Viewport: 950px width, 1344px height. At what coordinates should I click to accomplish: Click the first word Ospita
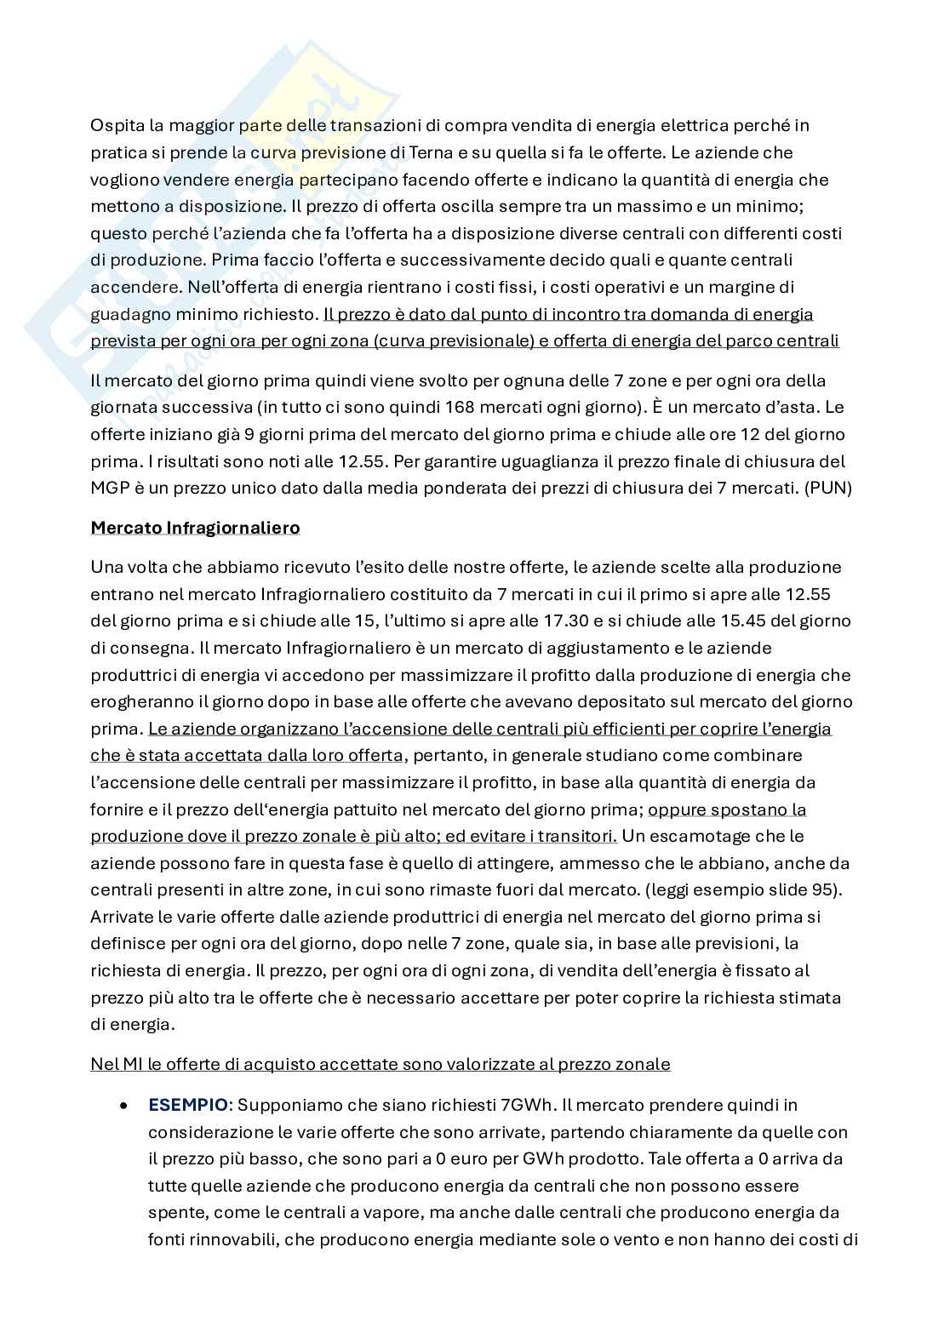coord(116,126)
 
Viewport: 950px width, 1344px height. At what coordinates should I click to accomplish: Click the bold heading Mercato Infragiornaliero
coord(195,528)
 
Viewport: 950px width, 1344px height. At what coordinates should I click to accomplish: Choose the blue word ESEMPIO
coord(188,1105)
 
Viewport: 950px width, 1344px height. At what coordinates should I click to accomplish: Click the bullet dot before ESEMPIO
coord(125,1106)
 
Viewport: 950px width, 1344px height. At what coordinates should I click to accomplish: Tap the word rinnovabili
coord(229,1240)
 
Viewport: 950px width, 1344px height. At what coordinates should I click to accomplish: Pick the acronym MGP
coord(110,489)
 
